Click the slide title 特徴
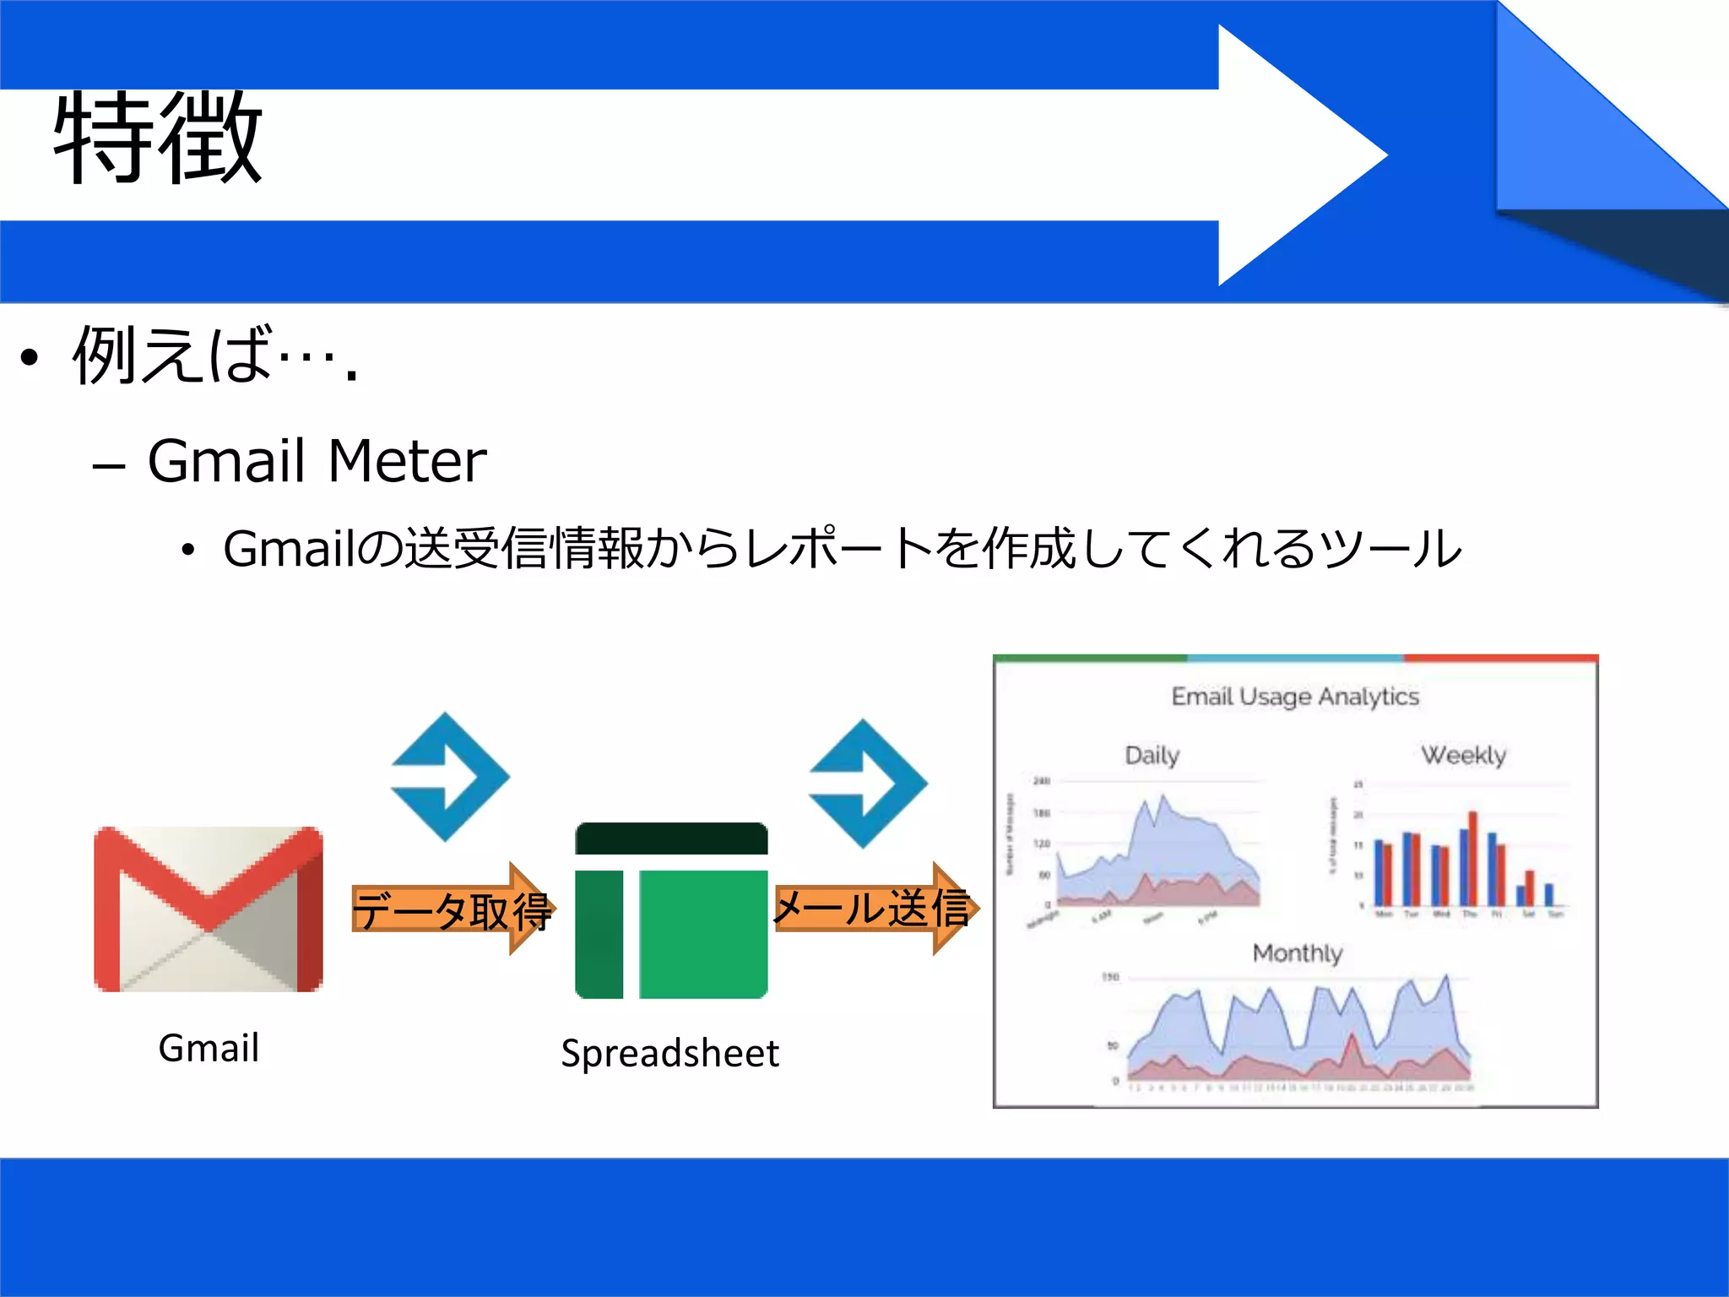pyautogui.click(x=158, y=138)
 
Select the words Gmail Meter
pyautogui.click(x=317, y=461)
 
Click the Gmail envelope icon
pyautogui.click(x=209, y=909)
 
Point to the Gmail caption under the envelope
pyautogui.click(x=209, y=1048)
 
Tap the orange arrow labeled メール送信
pyautogui.click(x=875, y=909)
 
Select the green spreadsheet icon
pyautogui.click(x=671, y=911)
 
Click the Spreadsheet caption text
pyautogui.click(x=669, y=1053)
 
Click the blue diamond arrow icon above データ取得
pyautogui.click(x=450, y=777)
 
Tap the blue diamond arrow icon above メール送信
pyautogui.click(x=868, y=784)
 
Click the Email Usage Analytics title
pyautogui.click(x=1295, y=697)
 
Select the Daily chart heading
pyautogui.click(x=1152, y=755)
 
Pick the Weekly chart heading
pyautogui.click(x=1463, y=755)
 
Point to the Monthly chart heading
pyautogui.click(x=1297, y=953)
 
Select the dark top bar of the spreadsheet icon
pyautogui.click(x=671, y=839)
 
